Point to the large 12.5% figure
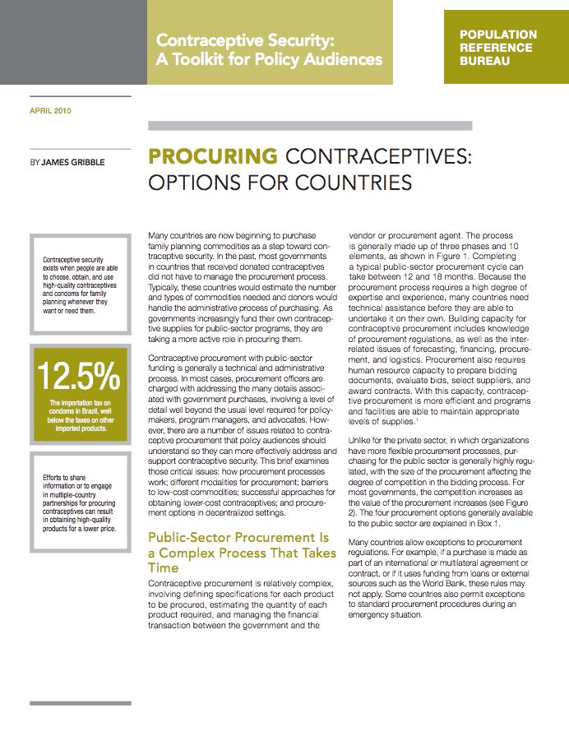click(x=79, y=375)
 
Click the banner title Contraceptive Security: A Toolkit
click(x=269, y=49)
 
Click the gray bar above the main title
click(x=309, y=126)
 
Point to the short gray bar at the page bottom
click(x=67, y=703)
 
